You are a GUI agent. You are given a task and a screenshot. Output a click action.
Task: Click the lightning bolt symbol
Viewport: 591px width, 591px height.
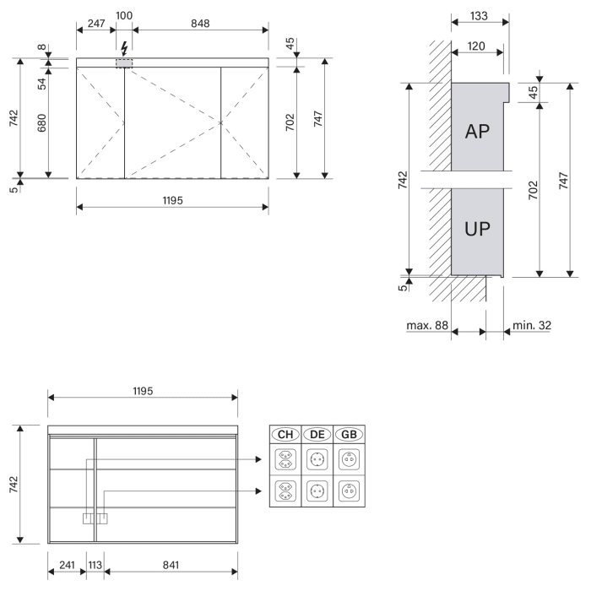tap(124, 47)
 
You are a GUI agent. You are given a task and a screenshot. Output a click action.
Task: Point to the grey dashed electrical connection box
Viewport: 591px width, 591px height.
tap(124, 63)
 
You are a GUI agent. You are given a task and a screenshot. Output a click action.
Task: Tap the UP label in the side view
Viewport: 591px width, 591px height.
tap(478, 229)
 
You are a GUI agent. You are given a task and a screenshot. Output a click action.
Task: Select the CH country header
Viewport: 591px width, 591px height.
tap(285, 434)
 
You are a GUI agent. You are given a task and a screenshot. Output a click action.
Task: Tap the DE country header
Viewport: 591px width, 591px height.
tap(317, 434)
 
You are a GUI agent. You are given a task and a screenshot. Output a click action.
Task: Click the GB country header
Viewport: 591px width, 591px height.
tap(349, 434)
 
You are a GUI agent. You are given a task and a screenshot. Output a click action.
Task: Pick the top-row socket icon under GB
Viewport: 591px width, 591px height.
tap(349, 460)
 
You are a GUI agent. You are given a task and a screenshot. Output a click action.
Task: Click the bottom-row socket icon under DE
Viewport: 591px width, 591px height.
tap(317, 491)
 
